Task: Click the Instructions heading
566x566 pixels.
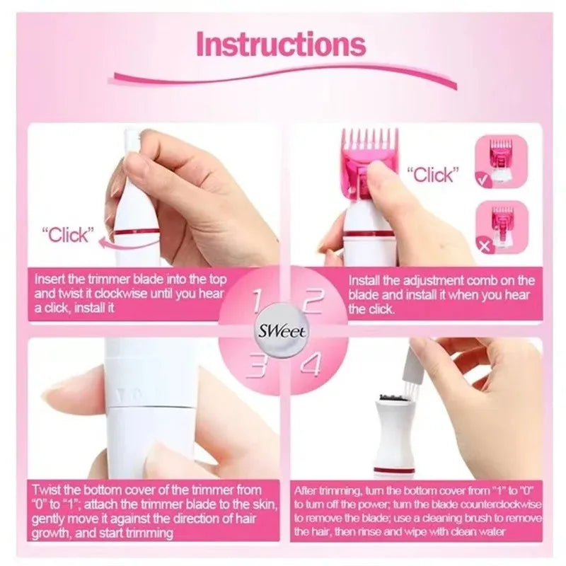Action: pos(281,43)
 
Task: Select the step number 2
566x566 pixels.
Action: pos(312,300)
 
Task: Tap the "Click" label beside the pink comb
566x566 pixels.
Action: pos(432,174)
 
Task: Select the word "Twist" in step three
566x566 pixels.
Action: pos(48,490)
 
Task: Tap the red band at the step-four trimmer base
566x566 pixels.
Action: pos(394,470)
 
